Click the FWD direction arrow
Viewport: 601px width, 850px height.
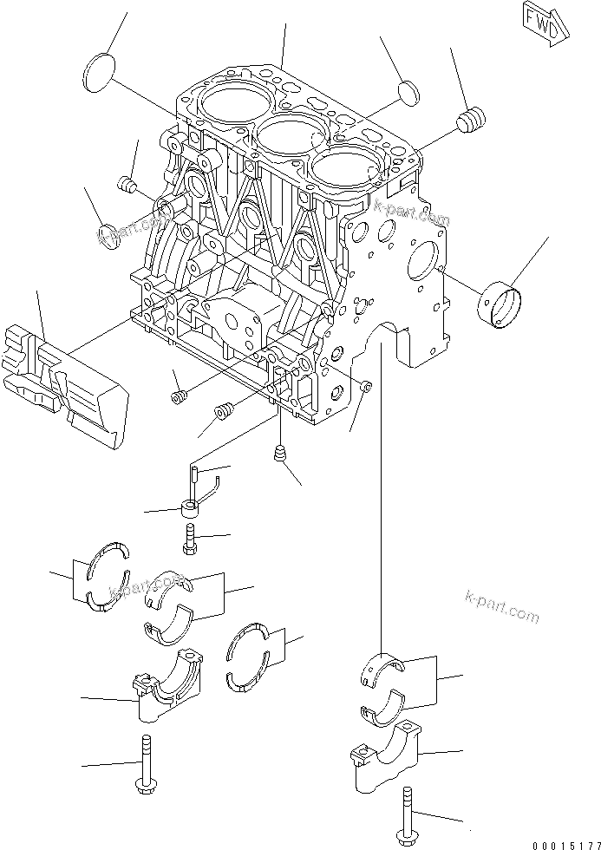point(545,23)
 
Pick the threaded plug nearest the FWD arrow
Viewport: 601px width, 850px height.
point(473,121)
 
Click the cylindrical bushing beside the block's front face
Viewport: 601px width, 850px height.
point(501,301)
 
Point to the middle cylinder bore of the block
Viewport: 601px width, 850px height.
point(291,137)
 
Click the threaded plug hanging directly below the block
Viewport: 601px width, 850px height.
point(280,455)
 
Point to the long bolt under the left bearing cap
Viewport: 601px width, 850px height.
point(144,764)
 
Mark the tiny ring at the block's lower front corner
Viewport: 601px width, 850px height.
point(366,386)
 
